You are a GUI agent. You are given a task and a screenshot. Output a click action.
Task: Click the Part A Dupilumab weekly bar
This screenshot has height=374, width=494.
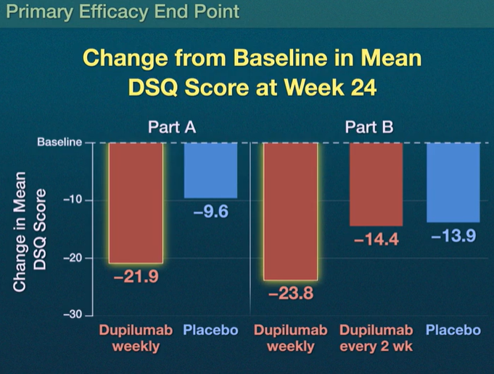tap(136, 203)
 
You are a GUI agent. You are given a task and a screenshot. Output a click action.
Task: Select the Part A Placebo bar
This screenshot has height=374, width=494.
tap(210, 170)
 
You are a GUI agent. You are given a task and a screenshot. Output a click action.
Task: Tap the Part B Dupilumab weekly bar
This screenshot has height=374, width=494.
tap(290, 211)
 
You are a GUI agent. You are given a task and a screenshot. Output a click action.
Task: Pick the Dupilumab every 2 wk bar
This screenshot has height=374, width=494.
tap(376, 184)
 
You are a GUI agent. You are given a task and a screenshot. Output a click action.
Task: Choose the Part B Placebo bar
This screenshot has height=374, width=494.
tap(452, 182)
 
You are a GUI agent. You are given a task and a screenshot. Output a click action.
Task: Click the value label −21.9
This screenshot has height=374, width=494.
tap(136, 277)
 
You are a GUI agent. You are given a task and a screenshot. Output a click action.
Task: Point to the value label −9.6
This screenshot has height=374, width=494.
tap(210, 213)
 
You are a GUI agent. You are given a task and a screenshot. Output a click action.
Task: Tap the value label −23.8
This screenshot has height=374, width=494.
tap(290, 295)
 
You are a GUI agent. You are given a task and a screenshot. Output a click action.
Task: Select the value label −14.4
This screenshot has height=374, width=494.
tap(376, 240)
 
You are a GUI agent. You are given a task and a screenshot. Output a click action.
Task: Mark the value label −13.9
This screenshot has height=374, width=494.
tap(453, 236)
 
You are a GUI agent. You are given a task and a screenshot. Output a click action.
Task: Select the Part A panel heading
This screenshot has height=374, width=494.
tap(172, 127)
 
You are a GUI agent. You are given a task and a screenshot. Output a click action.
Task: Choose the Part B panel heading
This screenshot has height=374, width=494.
tap(369, 127)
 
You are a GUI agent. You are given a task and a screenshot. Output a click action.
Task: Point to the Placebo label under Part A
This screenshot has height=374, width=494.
tap(210, 330)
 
